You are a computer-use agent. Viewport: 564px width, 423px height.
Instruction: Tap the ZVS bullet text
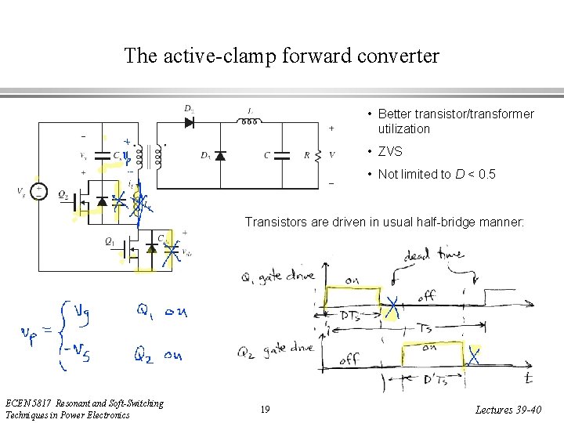tap(390, 151)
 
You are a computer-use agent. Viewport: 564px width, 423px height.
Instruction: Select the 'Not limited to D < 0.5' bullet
tap(436, 174)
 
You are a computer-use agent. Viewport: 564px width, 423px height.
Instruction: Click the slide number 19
tap(266, 410)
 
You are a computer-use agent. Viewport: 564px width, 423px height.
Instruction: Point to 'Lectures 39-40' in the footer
tap(508, 410)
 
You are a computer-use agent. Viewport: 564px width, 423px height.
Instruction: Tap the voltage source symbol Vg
tap(38, 192)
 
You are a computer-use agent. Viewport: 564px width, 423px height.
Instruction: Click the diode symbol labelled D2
tap(190, 122)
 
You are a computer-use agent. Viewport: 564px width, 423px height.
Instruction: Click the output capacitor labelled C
tap(284, 155)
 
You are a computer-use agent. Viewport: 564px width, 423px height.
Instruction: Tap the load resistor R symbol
tap(318, 155)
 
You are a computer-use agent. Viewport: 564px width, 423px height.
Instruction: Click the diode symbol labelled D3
tap(220, 155)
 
